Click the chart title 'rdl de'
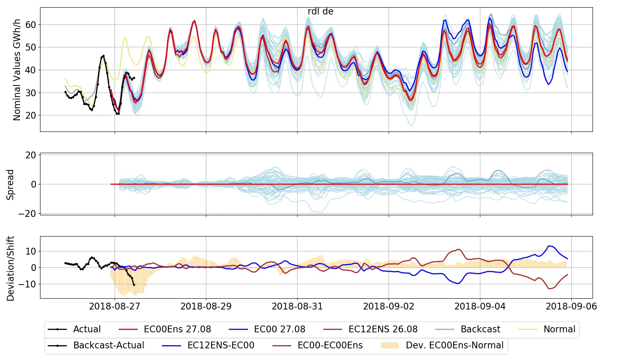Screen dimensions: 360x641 pyautogui.click(x=320, y=12)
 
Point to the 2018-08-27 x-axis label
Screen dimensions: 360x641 pyautogui.click(x=115, y=306)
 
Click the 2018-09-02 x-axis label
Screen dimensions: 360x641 pyautogui.click(x=389, y=306)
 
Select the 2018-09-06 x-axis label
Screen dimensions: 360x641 pyautogui.click(x=571, y=306)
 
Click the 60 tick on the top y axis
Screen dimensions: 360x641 pyautogui.click(x=31, y=25)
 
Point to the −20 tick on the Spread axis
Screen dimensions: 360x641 pyautogui.click(x=27, y=214)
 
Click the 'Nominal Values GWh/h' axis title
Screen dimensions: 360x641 pyautogui.click(x=17, y=70)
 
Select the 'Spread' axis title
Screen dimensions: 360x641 pyautogui.click(x=10, y=184)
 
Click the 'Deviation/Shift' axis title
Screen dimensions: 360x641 pyautogui.click(x=10, y=268)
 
